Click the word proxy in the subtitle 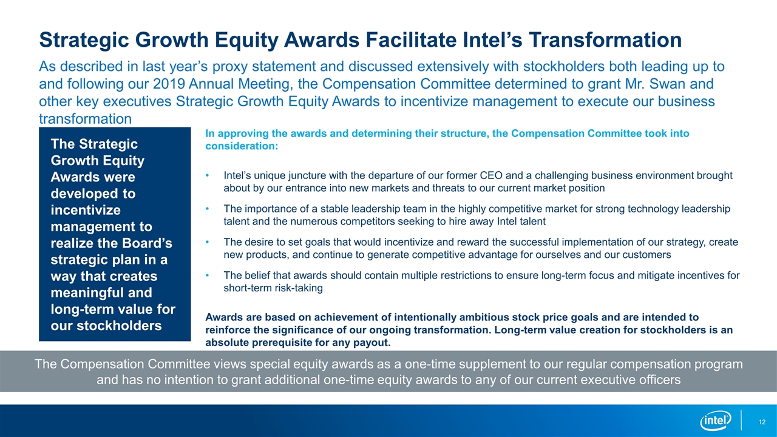pyautogui.click(x=229, y=67)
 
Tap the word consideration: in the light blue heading pyautogui.click(x=242, y=146)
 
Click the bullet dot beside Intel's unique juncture pyautogui.click(x=208, y=176)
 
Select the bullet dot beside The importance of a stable pyautogui.click(x=208, y=209)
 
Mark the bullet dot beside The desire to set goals pyautogui.click(x=208, y=242)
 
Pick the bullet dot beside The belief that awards pyautogui.click(x=208, y=276)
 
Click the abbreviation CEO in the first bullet pyautogui.click(x=491, y=175)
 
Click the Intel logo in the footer pyautogui.click(x=716, y=421)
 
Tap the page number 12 pyautogui.click(x=762, y=422)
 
